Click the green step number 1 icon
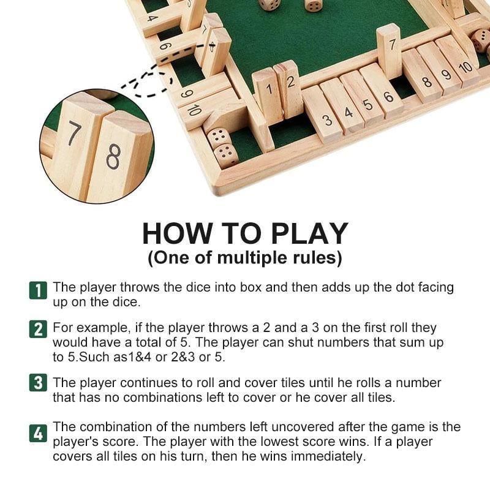(x=38, y=290)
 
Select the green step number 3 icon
(x=38, y=384)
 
